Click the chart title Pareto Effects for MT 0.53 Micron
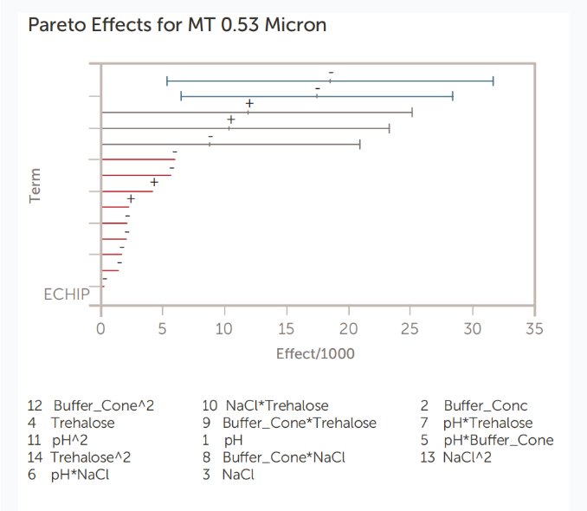[177, 24]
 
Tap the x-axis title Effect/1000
[315, 353]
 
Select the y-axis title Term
[35, 185]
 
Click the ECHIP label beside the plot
[66, 294]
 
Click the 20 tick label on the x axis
[349, 329]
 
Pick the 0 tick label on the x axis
[101, 329]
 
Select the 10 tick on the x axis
[225, 329]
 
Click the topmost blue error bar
[330, 81]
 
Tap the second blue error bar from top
[317, 96]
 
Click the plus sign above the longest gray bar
[249, 104]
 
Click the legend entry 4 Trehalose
[71, 423]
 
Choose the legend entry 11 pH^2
[63, 440]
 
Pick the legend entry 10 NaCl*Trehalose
[265, 405]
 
